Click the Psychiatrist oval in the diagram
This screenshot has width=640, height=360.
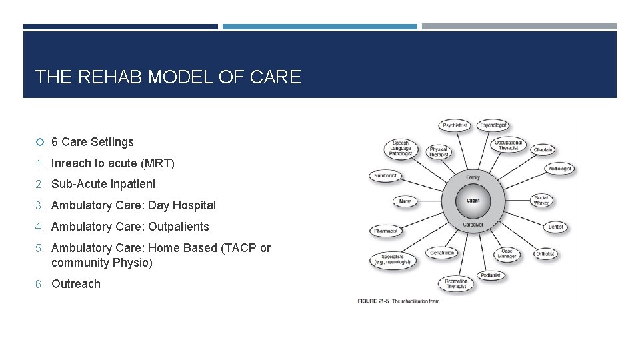tap(455, 125)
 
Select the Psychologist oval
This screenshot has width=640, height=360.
tap(494, 125)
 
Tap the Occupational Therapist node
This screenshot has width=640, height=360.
tap(508, 145)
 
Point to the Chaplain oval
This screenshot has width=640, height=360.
tap(543, 150)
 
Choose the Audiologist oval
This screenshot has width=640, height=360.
tap(560, 169)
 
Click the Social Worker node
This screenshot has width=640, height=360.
tap(541, 200)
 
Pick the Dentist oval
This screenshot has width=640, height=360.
tap(555, 227)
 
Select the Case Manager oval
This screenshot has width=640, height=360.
tap(507, 254)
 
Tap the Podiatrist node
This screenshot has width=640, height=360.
tap(491, 275)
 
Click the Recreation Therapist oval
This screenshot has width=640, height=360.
tap(456, 283)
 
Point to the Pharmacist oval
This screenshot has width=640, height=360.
tap(386, 231)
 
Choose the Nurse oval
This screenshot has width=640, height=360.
tap(405, 201)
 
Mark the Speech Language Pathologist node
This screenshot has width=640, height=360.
tap(401, 149)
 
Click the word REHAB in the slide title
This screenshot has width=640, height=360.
tap(110, 77)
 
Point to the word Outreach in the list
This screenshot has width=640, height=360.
tap(76, 284)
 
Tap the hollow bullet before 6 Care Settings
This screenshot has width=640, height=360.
tap(40, 142)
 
